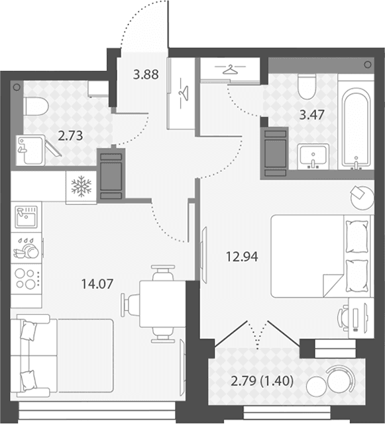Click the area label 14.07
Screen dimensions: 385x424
click(97, 284)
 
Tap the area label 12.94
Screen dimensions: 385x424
click(242, 257)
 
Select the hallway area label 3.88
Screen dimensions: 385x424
click(146, 74)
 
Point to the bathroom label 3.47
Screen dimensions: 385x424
click(311, 114)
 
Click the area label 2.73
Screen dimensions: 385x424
click(70, 136)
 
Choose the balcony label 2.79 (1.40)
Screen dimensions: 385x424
click(262, 381)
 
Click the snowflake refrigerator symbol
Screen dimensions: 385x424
click(82, 187)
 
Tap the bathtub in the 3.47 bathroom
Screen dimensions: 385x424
click(356, 126)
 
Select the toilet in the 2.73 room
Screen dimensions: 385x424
click(36, 106)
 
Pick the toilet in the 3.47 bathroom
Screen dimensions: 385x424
click(307, 87)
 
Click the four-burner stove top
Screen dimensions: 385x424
click(27, 278)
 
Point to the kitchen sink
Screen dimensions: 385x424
click(26, 217)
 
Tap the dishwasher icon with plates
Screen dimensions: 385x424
click(27, 249)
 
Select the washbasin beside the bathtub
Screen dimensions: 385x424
click(313, 157)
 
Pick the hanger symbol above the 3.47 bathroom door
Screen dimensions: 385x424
click(230, 69)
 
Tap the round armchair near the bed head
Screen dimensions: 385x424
click(362, 197)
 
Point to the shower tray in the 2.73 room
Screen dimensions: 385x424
click(30, 150)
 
